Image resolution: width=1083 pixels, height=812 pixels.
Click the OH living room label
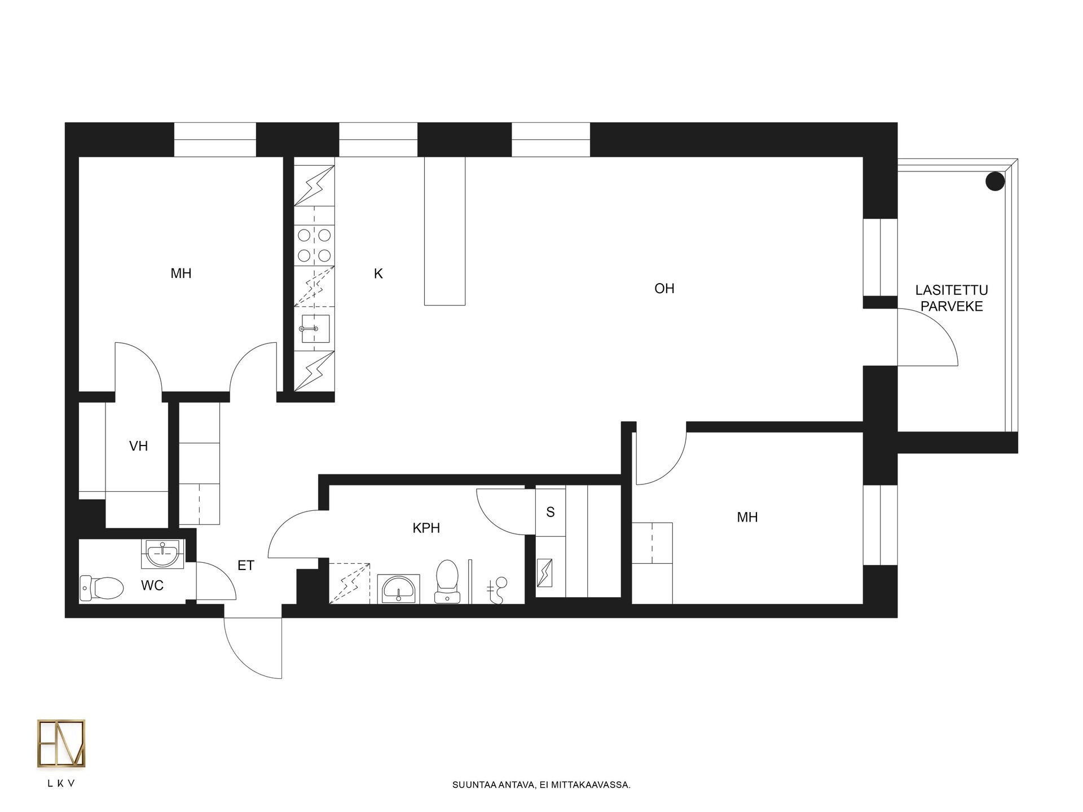coord(664,289)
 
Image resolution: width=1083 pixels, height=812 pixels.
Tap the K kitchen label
coord(378,274)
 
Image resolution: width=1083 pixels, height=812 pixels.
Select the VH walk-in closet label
coord(139,446)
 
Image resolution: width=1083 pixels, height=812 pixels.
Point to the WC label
coord(152,586)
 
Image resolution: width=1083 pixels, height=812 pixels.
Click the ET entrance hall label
coord(246,566)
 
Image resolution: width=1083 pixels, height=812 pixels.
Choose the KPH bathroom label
coord(426,528)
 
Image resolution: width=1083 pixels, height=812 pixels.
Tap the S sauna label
coord(551,512)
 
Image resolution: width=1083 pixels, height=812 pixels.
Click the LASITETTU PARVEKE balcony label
coord(952,298)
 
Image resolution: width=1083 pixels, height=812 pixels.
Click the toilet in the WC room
coord(102,588)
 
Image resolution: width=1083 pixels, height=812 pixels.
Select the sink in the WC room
coord(162,554)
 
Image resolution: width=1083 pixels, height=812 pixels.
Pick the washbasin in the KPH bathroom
coord(399,589)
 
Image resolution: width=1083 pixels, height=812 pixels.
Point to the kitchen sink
coord(314,329)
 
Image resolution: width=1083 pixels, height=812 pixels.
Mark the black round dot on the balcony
coord(995,182)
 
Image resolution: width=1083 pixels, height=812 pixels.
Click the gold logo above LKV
coord(61,744)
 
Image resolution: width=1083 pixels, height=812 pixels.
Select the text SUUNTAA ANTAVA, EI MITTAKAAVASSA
coord(541,784)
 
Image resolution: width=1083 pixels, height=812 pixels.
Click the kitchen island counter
coord(444,231)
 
